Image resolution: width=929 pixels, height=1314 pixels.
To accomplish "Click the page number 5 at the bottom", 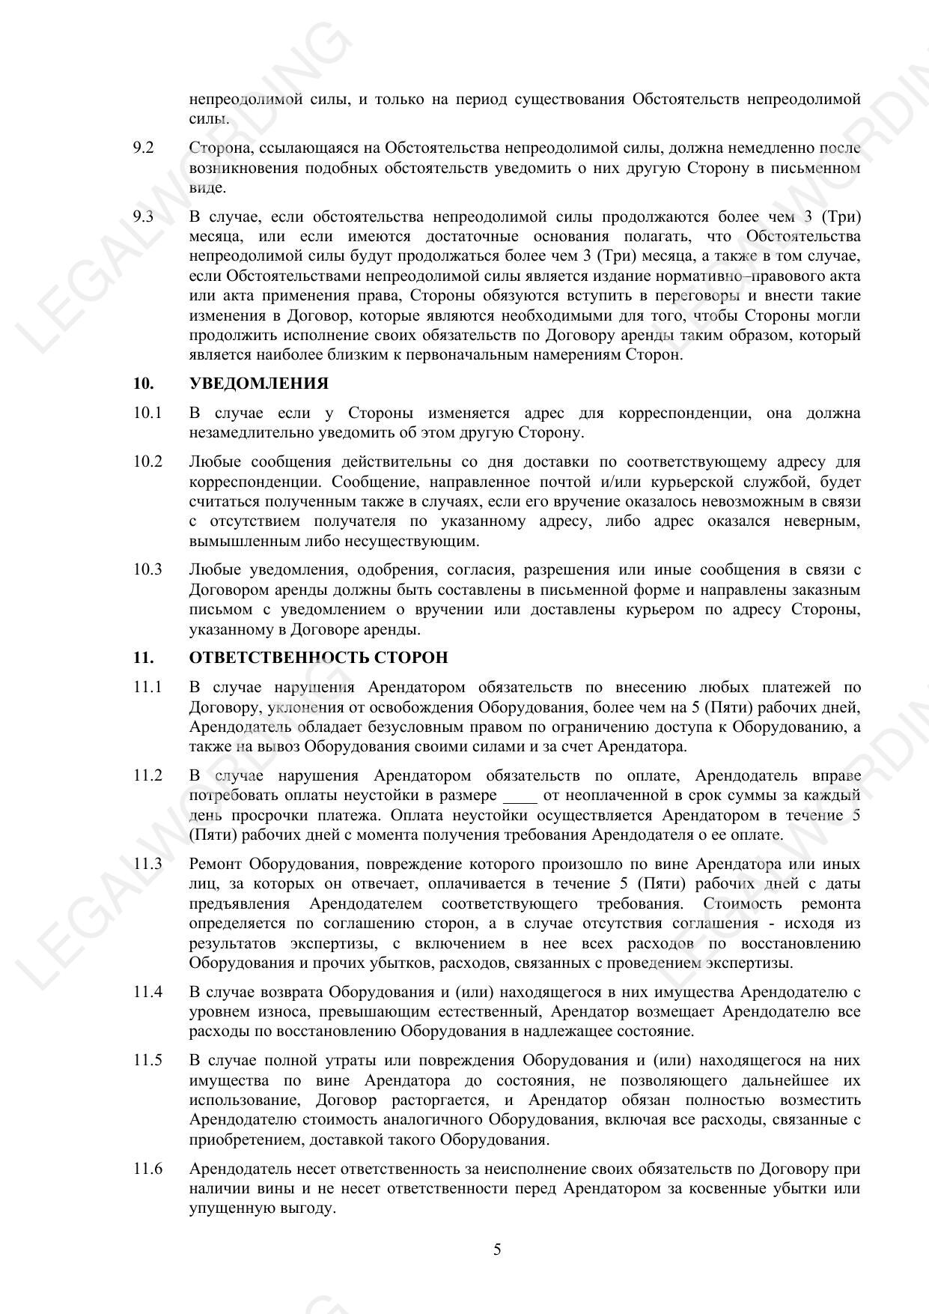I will pos(497,1250).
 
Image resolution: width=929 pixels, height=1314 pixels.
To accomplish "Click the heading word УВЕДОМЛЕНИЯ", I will pos(258,384).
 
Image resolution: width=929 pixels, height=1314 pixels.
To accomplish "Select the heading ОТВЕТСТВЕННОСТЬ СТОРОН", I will pos(318,658).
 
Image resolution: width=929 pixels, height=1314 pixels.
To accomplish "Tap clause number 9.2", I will pos(143,148).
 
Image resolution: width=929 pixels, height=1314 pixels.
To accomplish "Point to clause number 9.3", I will pos(143,217).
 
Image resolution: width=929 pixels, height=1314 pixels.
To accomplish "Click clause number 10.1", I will pos(147,413).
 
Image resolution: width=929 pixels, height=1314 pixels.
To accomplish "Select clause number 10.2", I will pos(147,461).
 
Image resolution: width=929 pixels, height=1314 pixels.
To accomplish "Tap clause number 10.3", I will pos(147,569).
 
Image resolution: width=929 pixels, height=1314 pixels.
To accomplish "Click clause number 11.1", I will pos(147,687).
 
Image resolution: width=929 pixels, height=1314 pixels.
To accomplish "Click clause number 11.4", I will pos(147,992).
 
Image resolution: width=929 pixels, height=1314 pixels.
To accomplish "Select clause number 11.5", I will pos(147,1060).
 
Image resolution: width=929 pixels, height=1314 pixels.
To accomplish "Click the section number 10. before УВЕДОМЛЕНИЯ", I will pos(144,384).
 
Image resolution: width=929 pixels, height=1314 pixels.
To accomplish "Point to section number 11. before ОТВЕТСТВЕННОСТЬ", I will pos(144,658).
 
